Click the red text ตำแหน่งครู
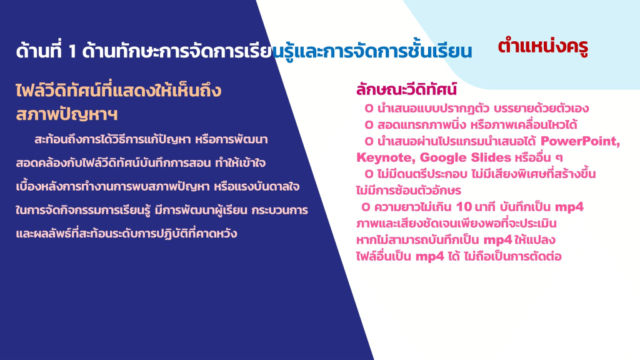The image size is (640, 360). (543, 46)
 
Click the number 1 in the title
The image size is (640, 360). (72, 51)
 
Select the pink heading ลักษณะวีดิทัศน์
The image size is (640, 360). (406, 89)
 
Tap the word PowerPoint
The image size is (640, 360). (580, 141)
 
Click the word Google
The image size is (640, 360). (443, 157)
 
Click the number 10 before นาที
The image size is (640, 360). (464, 207)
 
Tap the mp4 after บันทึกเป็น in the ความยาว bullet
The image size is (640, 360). (569, 207)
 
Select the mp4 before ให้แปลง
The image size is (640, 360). (497, 240)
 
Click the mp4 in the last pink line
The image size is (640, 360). (430, 257)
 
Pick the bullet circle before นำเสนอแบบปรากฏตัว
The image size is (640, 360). (369, 109)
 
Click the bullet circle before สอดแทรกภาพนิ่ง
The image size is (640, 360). (369, 125)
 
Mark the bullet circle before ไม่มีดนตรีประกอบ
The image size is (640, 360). (369, 174)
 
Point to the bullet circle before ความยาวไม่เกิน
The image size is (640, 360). (366, 207)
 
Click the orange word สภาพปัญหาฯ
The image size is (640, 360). (66, 114)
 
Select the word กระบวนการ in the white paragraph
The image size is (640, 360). (279, 210)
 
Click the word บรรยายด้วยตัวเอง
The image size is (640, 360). (541, 109)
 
